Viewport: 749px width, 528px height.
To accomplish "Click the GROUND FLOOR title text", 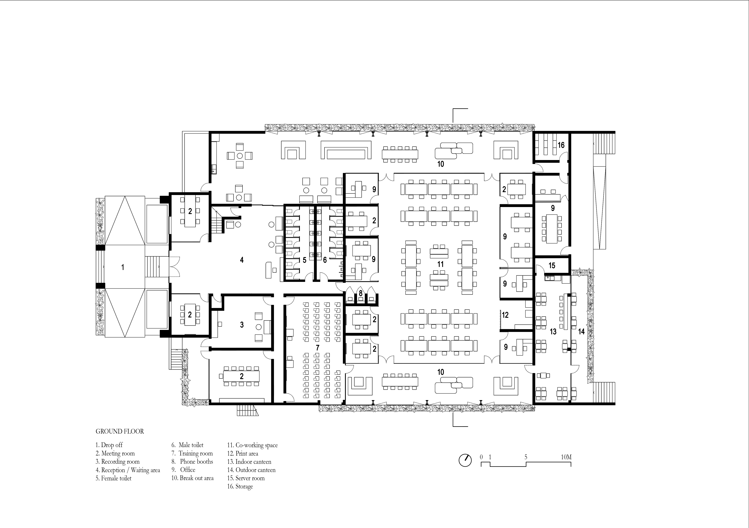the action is tap(120, 431).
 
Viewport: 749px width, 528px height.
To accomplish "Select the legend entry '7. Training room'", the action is tap(192, 453).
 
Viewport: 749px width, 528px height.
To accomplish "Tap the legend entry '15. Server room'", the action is tap(246, 478).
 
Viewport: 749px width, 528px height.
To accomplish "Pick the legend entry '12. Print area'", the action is tap(243, 453).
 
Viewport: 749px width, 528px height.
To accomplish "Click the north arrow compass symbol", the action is tap(465, 460).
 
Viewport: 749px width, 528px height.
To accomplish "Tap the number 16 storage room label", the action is tap(561, 145).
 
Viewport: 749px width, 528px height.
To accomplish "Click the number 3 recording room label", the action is tap(242, 325).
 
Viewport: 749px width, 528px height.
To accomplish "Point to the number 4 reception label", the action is tap(242, 260).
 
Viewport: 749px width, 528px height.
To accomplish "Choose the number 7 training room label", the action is tap(317, 348).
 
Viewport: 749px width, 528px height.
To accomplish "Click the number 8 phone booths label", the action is tap(360, 293).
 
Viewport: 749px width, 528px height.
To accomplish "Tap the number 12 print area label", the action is tap(505, 315).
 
